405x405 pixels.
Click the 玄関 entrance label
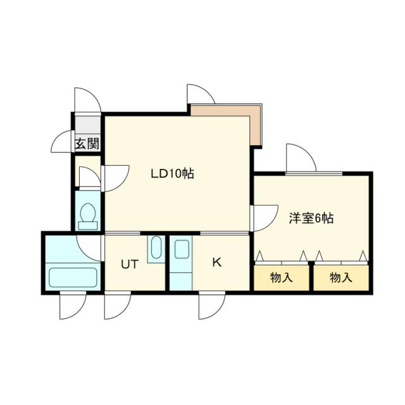[87, 144]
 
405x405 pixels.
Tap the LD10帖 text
[171, 173]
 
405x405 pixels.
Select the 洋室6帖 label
[311, 218]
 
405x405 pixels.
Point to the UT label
[129, 265]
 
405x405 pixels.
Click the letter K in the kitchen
[216, 263]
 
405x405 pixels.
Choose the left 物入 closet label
[281, 277]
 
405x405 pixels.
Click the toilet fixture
[88, 215]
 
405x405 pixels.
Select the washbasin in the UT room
[156, 249]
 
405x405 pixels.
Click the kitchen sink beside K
[181, 249]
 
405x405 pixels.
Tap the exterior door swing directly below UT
[116, 306]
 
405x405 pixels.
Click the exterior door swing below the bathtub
[72, 306]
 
